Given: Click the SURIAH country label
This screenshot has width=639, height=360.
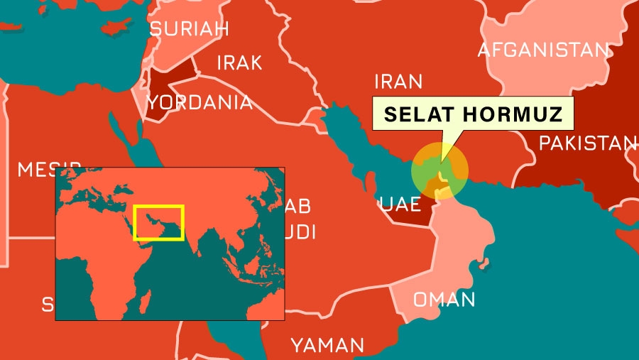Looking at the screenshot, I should click(x=189, y=28).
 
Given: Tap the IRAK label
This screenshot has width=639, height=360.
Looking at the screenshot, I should click(x=239, y=62).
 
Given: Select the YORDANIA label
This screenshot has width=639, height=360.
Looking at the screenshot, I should click(x=200, y=102).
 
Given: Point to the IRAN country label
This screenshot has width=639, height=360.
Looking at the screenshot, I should click(x=398, y=81).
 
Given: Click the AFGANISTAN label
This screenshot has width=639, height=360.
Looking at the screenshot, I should click(x=543, y=50).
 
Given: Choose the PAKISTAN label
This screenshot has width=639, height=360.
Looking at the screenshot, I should click(x=587, y=143).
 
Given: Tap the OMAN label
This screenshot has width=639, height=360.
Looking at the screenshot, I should click(x=444, y=299).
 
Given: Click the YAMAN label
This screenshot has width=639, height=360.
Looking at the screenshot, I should click(x=327, y=346).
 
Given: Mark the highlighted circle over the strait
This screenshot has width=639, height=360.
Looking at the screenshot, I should click(x=440, y=170).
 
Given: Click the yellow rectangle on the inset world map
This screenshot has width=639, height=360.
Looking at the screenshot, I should click(x=159, y=222).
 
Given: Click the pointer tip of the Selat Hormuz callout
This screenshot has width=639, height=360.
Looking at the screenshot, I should click(x=440, y=160).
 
